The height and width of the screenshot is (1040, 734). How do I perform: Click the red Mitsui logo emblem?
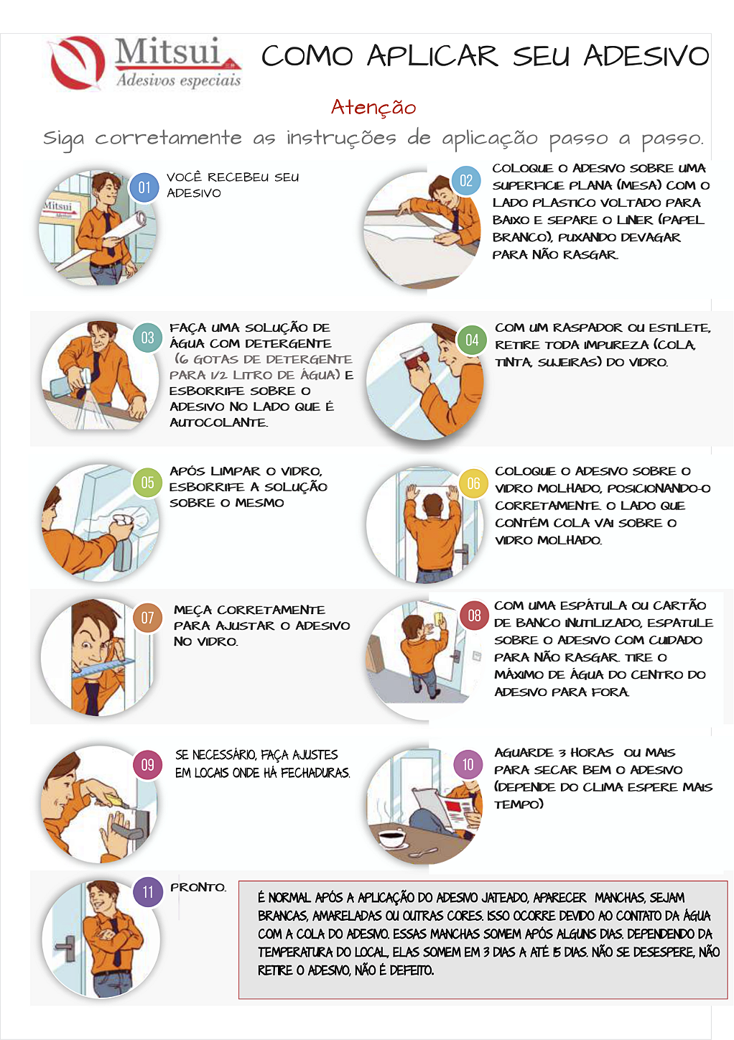click(77, 62)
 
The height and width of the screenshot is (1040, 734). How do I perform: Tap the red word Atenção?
click(373, 107)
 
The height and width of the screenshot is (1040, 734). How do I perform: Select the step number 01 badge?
click(144, 187)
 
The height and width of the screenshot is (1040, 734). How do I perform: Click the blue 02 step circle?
click(465, 180)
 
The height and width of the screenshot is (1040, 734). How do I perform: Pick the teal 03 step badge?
click(147, 338)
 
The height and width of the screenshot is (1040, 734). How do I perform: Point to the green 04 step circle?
click(472, 340)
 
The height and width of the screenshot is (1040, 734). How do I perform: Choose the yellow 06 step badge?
click(473, 483)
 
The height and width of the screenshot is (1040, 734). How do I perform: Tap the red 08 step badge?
click(474, 616)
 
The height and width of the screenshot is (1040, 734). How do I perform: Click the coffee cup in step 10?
click(391, 838)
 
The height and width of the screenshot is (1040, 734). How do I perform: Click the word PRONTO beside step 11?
click(198, 887)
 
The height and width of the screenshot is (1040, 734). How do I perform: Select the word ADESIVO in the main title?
click(646, 56)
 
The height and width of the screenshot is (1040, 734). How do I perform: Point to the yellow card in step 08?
click(438, 618)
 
